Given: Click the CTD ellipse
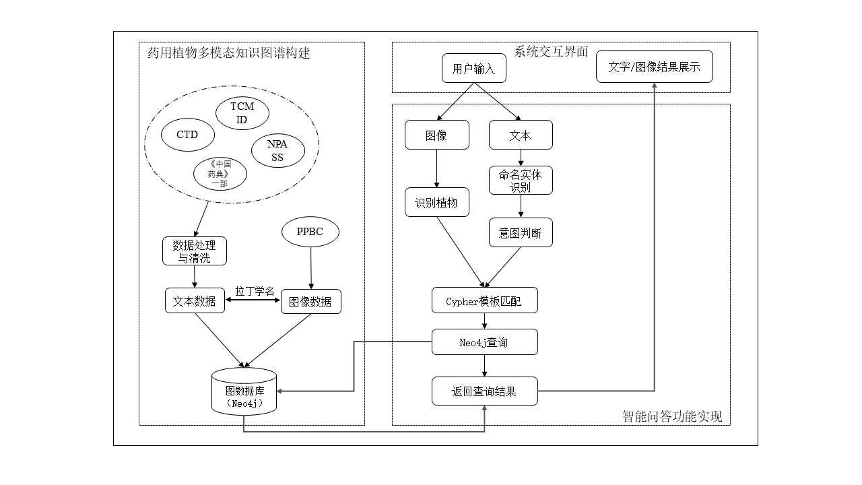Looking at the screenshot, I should [x=187, y=135].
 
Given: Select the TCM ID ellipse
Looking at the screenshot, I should [x=242, y=113].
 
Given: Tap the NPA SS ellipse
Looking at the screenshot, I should [x=277, y=151].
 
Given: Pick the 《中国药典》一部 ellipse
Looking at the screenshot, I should [x=220, y=174].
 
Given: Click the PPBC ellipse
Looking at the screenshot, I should [x=310, y=232].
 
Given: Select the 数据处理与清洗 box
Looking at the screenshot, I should [x=195, y=251].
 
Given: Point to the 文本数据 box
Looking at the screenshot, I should [x=195, y=301].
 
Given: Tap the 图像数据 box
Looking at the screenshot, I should [x=310, y=302].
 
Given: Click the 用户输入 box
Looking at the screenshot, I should [x=473, y=68].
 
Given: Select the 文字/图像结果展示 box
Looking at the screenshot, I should [x=654, y=67].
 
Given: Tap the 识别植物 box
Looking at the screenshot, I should [x=436, y=203].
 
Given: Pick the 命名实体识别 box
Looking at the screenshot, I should [x=521, y=181].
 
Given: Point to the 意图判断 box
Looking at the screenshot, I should [x=521, y=233].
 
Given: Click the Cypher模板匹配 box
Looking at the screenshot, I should [x=484, y=301].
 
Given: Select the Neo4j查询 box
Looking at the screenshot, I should [x=484, y=342].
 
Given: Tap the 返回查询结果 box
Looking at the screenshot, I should [x=484, y=391].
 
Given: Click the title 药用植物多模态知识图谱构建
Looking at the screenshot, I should [x=229, y=53].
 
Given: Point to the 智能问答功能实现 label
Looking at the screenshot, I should [x=672, y=416].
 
